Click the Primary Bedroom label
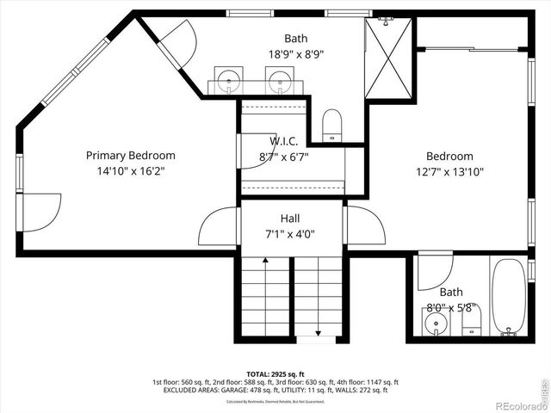point(130,156)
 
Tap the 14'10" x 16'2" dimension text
point(130,171)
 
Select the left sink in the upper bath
point(228,83)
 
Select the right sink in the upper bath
point(279,83)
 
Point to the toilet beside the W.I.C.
point(332,126)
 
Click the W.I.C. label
point(283,141)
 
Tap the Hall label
point(289,219)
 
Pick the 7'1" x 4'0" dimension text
point(289,234)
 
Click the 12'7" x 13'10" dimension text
point(449,171)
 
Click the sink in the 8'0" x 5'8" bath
point(436,324)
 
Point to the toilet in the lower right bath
point(471,324)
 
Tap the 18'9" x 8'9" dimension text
point(296,53)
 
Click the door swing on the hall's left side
point(219,226)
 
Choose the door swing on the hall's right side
point(364,226)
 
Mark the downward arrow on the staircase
point(319,330)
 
